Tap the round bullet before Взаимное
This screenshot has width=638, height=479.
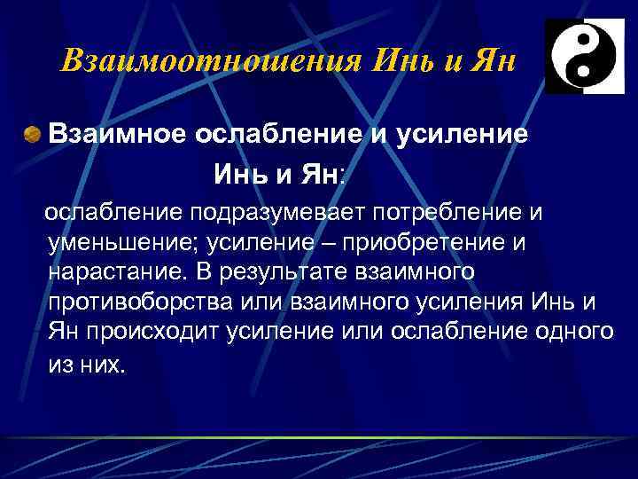(x=32, y=134)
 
